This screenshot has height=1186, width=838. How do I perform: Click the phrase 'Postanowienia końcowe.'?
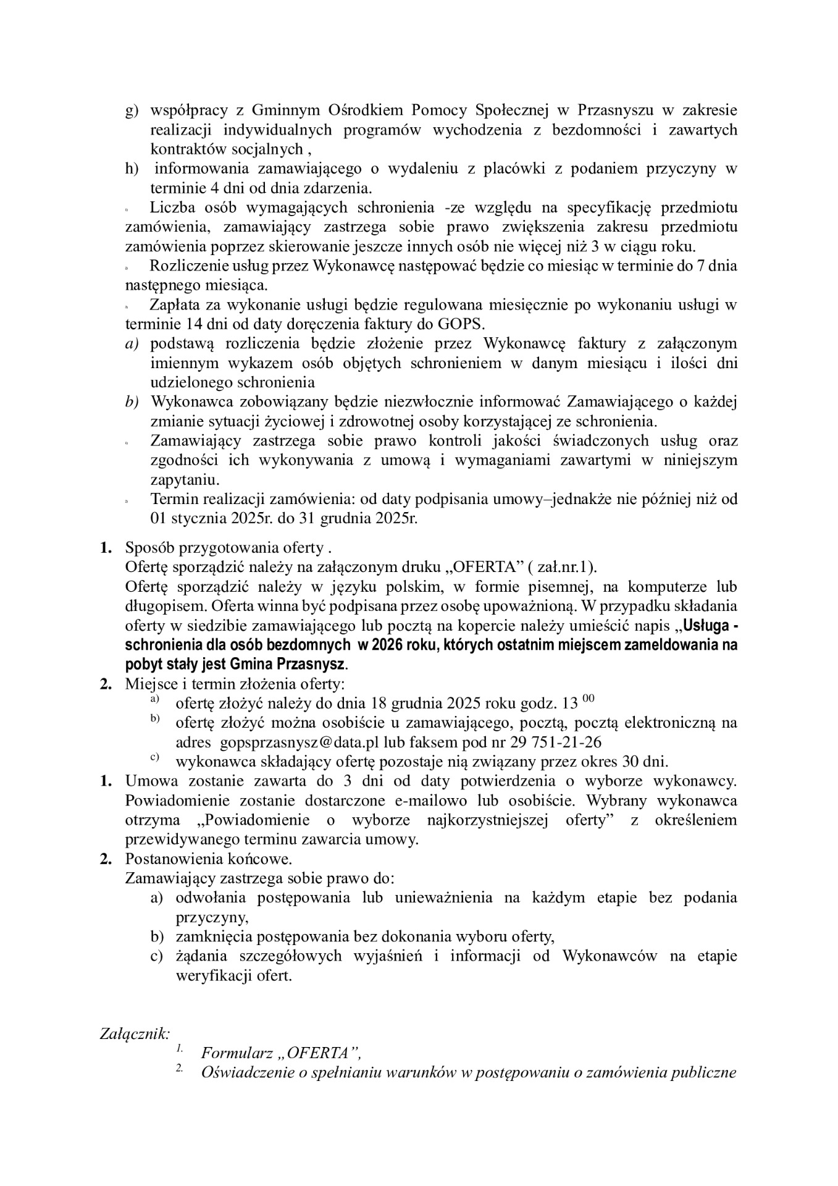[x=209, y=859]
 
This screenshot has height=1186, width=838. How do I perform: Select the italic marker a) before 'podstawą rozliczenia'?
[x=132, y=343]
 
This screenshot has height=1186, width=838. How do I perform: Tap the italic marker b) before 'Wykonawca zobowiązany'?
[x=132, y=402]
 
